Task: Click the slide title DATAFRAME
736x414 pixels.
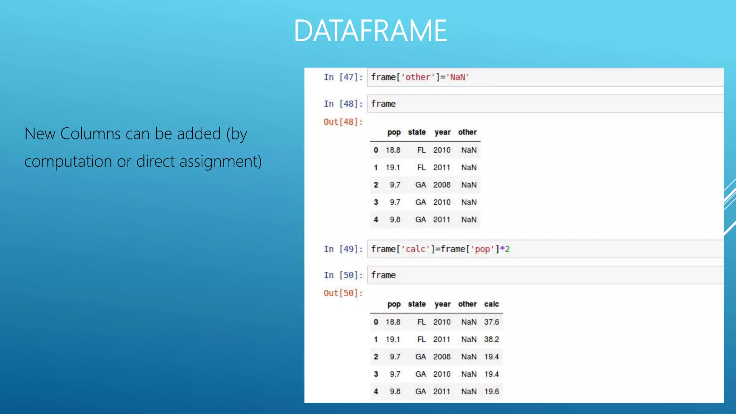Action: coord(370,31)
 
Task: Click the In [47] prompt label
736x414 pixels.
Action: coord(343,77)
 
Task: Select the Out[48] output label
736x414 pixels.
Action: coord(343,122)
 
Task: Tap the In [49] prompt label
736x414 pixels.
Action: coord(343,249)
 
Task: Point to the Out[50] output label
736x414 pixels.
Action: coord(343,293)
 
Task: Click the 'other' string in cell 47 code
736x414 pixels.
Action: coord(418,77)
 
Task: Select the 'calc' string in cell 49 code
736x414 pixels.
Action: coord(415,249)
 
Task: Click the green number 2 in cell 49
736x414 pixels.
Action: coord(507,249)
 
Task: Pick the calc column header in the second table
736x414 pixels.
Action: coord(491,304)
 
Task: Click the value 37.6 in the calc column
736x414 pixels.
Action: coord(491,322)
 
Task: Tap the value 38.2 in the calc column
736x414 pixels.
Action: coord(491,339)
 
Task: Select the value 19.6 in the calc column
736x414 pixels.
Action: coord(491,391)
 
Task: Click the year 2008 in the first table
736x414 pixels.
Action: coord(442,185)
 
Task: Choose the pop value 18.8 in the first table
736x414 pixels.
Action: coord(393,150)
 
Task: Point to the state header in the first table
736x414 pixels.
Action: coord(417,132)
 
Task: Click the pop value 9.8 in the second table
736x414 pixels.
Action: coord(395,391)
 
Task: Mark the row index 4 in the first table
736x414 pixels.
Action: coord(376,220)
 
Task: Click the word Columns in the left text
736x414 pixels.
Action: coord(91,134)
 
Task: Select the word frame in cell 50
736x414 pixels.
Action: coord(383,275)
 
